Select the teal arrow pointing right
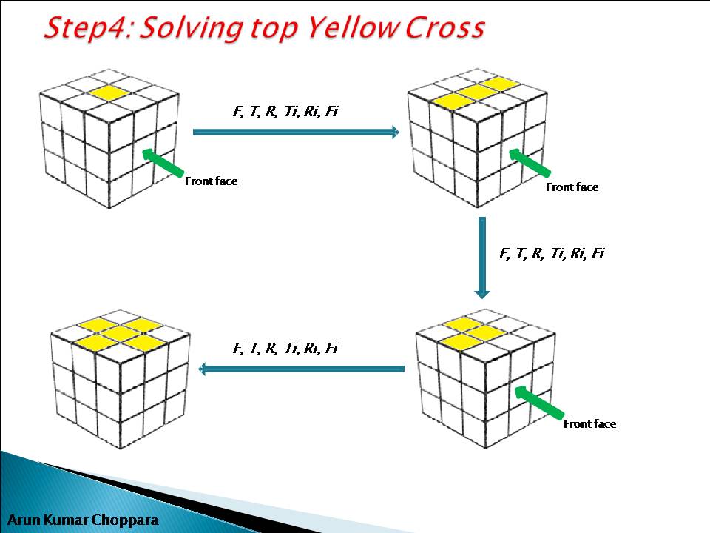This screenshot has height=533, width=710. [295, 133]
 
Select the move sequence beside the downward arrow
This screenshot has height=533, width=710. [552, 253]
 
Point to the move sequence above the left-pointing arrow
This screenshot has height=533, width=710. [285, 348]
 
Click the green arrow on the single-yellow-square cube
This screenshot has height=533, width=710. [163, 162]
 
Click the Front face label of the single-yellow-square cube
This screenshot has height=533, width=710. [212, 181]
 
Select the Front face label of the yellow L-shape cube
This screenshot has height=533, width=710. [589, 424]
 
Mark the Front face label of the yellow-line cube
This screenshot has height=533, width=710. [572, 187]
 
